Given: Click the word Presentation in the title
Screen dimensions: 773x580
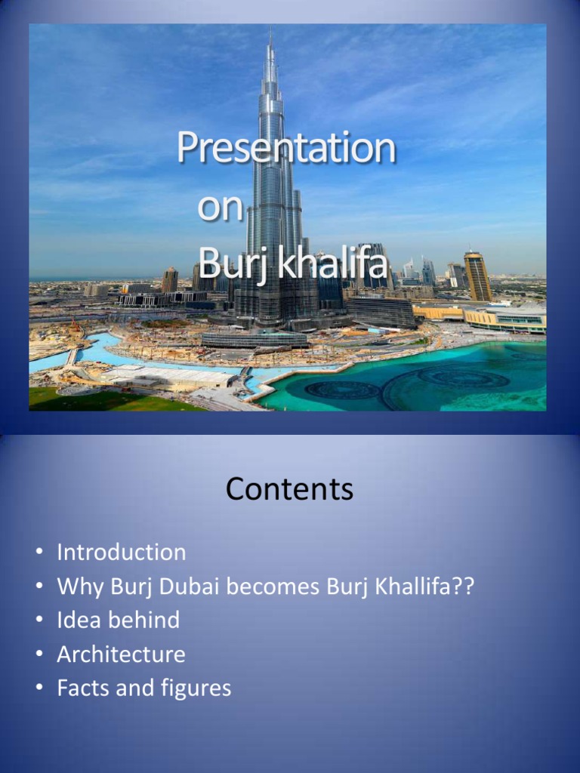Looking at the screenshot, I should coord(286,148).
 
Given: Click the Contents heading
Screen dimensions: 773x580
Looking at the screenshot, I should coord(289,490).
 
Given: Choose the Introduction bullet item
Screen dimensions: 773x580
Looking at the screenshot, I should coord(121,552).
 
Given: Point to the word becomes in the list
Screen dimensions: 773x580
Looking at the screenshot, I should coord(255,586).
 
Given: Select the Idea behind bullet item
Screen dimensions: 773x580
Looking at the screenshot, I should coord(118,620).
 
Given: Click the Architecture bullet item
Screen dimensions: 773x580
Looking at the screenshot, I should coord(121,654).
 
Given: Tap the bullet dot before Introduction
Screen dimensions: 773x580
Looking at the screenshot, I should coord(39,553).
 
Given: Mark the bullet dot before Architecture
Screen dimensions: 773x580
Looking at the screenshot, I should coord(39,654).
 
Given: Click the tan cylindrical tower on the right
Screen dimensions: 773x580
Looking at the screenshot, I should coord(477,277).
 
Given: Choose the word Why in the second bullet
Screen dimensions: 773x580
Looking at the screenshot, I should coord(81,586).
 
